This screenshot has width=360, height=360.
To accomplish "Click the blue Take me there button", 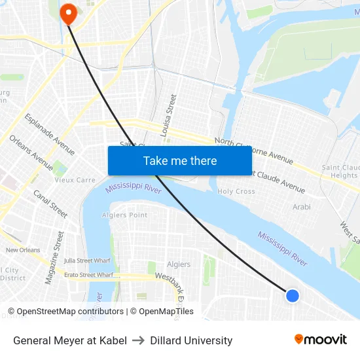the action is click(x=179, y=160).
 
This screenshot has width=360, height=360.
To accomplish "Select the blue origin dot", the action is click(x=293, y=296).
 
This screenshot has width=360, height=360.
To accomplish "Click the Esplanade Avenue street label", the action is click(x=50, y=134).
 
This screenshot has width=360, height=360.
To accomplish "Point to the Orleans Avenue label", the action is click(x=31, y=153).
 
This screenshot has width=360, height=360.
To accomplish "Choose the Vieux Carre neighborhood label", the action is click(x=75, y=180).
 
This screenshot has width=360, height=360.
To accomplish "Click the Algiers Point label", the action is click(x=125, y=215).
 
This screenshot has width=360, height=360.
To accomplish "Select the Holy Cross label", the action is click(x=236, y=192).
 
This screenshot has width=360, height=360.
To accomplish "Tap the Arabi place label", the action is click(x=302, y=207).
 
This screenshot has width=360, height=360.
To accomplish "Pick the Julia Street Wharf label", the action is click(x=87, y=261).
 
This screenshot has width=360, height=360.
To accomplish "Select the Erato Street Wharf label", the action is click(x=87, y=275).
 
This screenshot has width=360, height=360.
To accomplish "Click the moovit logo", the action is click(x=320, y=339).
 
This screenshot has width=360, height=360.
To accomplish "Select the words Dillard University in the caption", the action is click(x=191, y=340).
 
